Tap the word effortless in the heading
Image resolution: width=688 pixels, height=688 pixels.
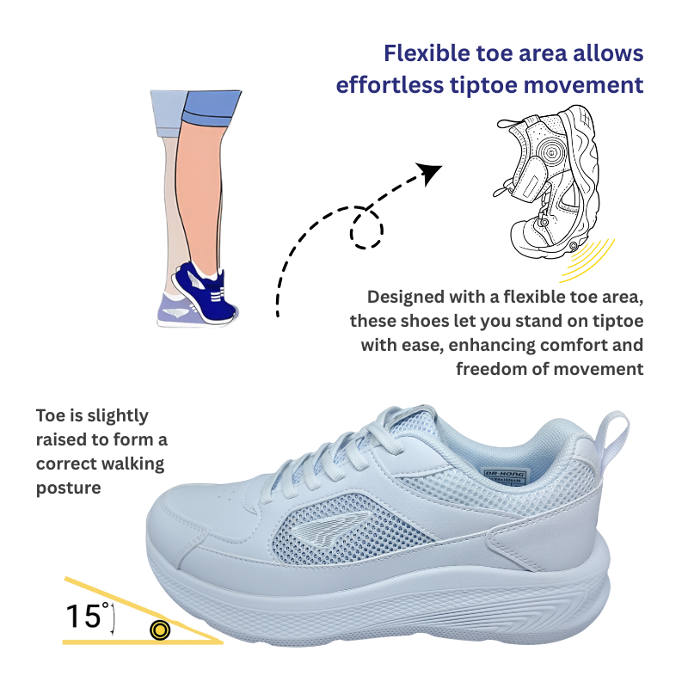(390, 84)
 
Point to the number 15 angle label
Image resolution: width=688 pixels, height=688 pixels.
(83, 616)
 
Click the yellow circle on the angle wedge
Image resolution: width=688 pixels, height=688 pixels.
(160, 630)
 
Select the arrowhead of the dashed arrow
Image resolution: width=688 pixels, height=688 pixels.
(428, 173)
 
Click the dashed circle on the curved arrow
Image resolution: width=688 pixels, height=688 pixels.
(366, 229)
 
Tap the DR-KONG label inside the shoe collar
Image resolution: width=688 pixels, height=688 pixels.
(505, 474)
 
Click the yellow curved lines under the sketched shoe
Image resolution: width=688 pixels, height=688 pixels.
(588, 261)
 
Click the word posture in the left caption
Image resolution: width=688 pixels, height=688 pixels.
(69, 488)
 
